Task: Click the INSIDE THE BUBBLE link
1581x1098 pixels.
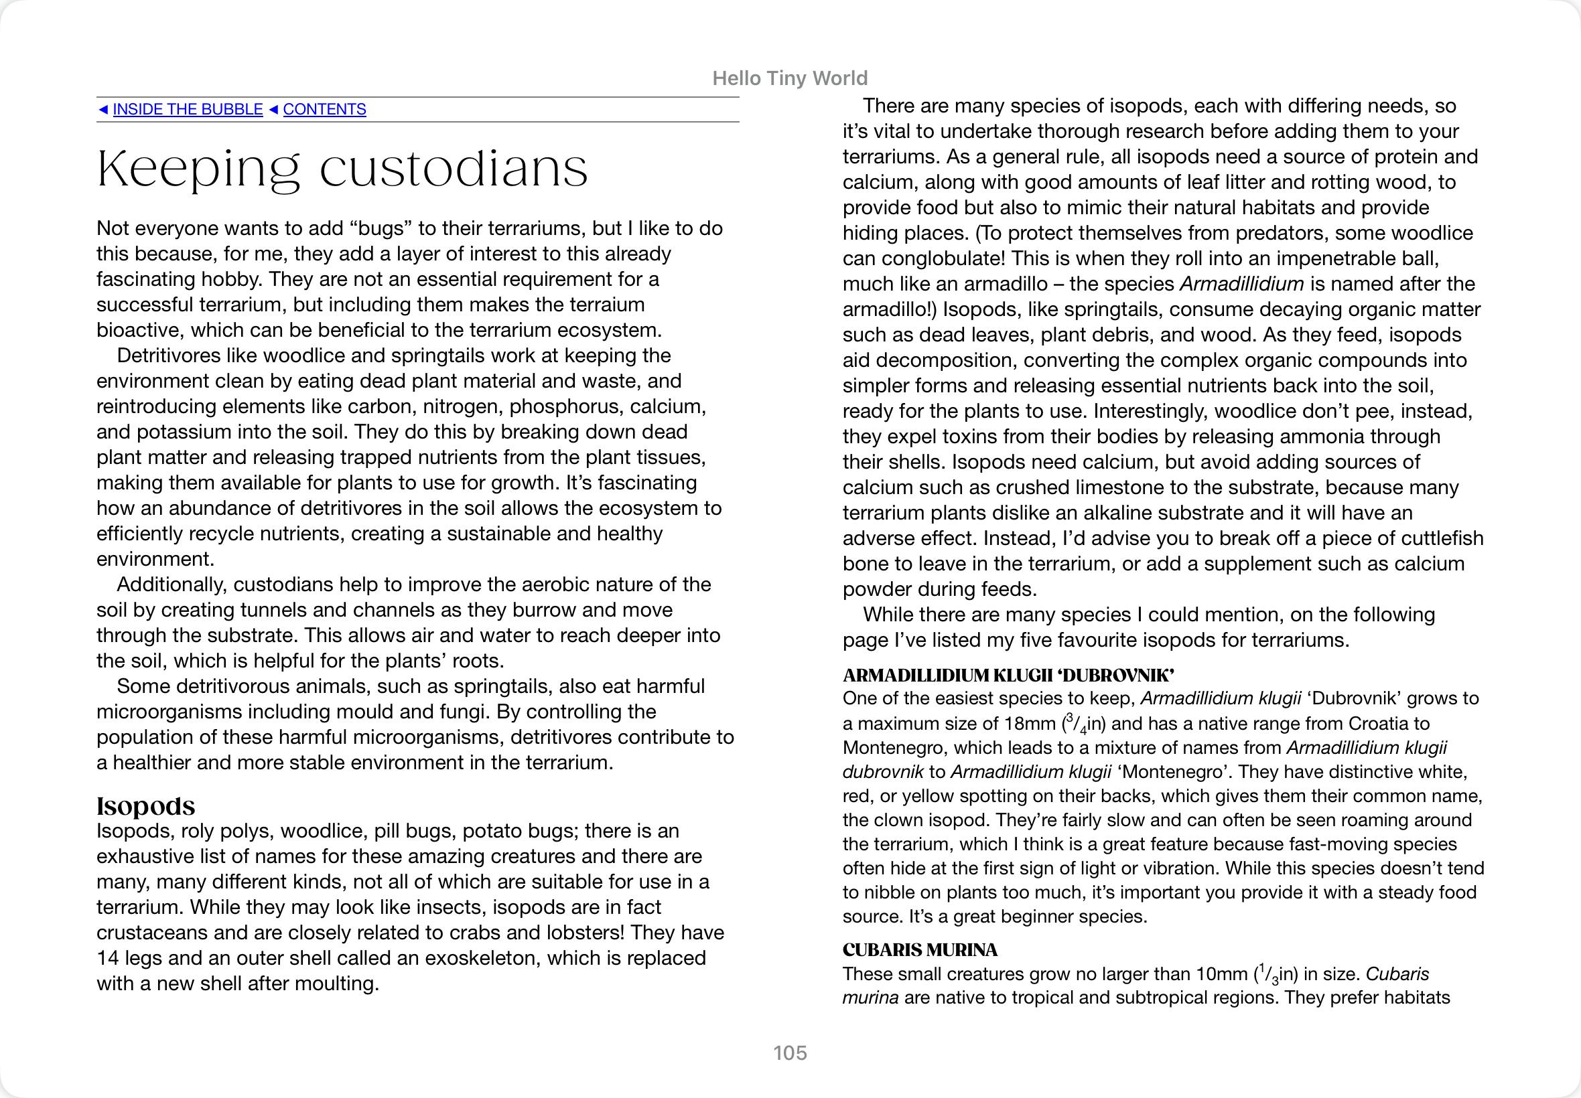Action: pos(187,109)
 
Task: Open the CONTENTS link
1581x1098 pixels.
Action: pos(324,109)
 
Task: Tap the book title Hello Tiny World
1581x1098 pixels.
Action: pos(789,78)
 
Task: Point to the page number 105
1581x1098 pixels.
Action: pos(789,1052)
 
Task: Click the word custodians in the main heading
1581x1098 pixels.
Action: pos(454,169)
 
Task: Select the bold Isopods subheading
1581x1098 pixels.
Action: pos(145,805)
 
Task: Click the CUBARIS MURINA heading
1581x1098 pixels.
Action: pos(920,950)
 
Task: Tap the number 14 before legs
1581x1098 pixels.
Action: pos(108,958)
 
